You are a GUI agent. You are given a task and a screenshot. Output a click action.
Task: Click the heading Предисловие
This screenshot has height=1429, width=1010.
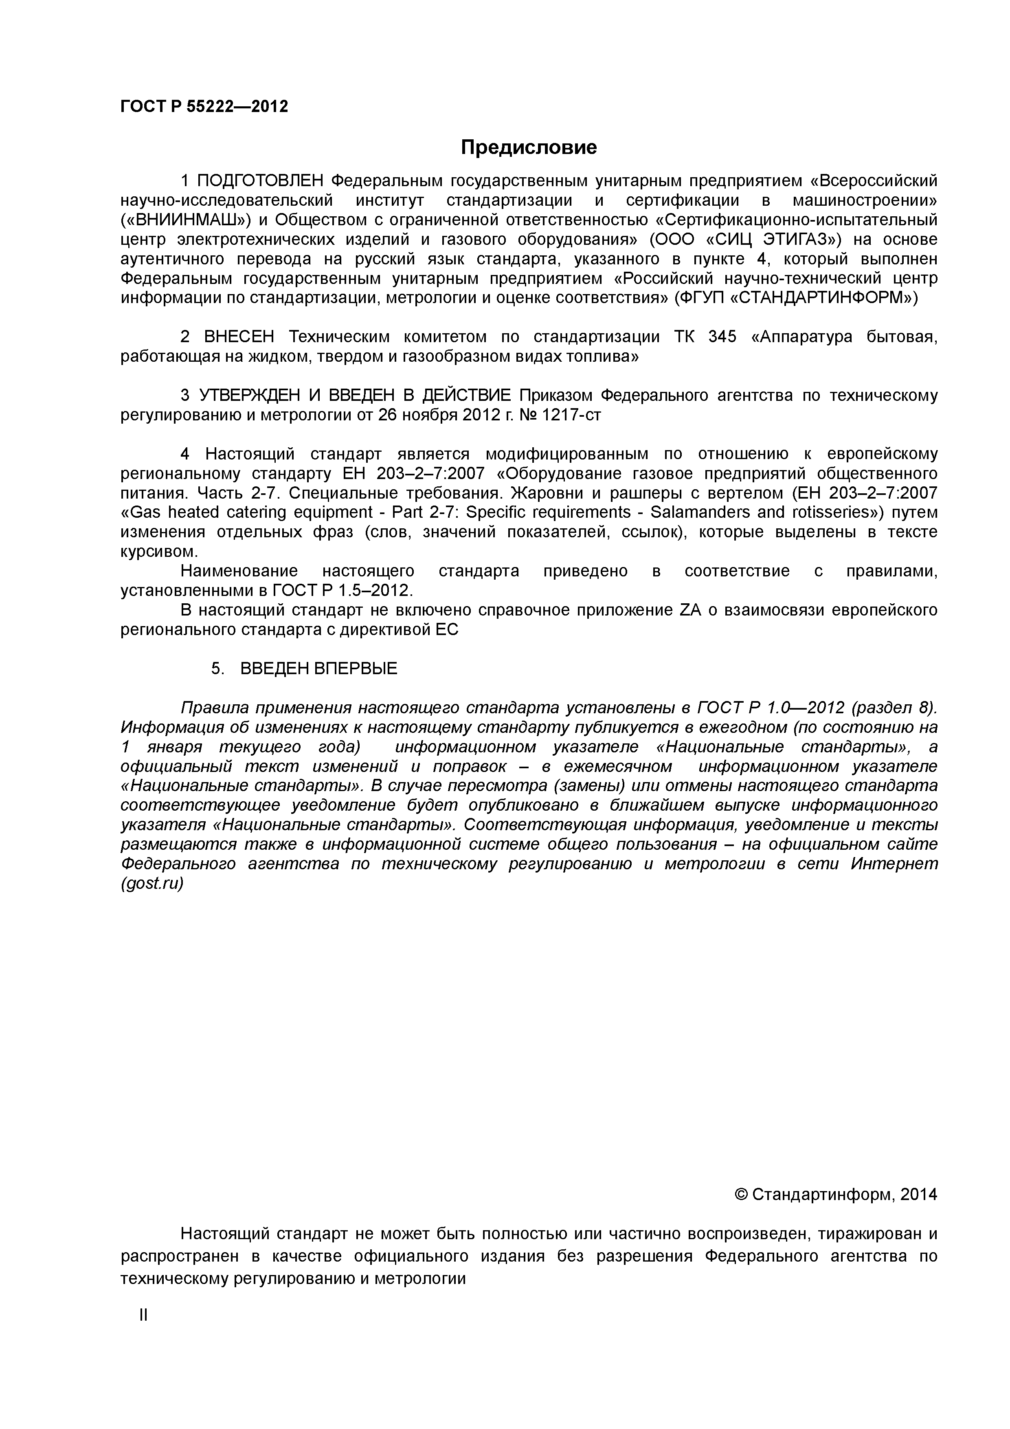click(528, 147)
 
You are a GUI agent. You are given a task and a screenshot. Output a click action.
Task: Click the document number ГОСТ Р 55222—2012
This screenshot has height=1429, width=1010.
click(204, 106)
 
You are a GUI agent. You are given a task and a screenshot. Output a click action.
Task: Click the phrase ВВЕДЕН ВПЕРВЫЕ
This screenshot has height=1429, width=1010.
click(318, 668)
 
